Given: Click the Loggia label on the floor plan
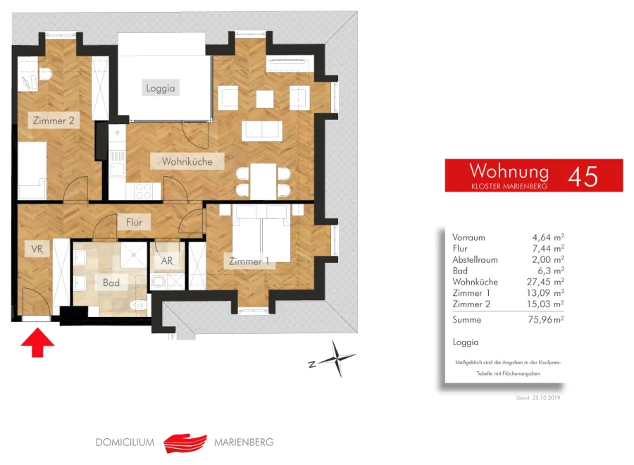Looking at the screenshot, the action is pyautogui.click(x=161, y=88).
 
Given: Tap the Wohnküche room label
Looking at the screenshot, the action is pyautogui.click(x=187, y=161).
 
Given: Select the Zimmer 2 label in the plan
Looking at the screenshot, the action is pyautogui.click(x=54, y=120).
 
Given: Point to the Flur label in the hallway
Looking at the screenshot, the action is pyautogui.click(x=134, y=222).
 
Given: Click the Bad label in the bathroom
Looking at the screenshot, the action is pyautogui.click(x=111, y=283).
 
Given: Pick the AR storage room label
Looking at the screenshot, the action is pyautogui.click(x=167, y=261).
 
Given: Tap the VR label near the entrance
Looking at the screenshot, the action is pyautogui.click(x=37, y=249).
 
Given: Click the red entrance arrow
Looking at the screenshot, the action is pyautogui.click(x=37, y=342).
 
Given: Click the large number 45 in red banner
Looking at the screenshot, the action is pyautogui.click(x=583, y=176).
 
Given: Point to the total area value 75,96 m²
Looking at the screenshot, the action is pyautogui.click(x=546, y=319).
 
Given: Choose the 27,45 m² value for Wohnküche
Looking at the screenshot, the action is pyautogui.click(x=545, y=281).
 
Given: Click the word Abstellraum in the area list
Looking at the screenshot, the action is pyautogui.click(x=475, y=259).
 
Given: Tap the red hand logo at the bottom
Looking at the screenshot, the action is pyautogui.click(x=185, y=443).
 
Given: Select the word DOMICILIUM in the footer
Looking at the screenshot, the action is pyautogui.click(x=125, y=442).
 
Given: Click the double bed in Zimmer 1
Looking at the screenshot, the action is pyautogui.click(x=261, y=233).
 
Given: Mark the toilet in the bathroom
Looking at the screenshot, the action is pyautogui.click(x=137, y=304).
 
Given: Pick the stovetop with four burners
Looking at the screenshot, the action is pyautogui.click(x=143, y=191).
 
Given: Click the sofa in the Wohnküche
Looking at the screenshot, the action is pyautogui.click(x=262, y=130).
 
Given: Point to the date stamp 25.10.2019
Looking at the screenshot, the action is pyautogui.click(x=546, y=398).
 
